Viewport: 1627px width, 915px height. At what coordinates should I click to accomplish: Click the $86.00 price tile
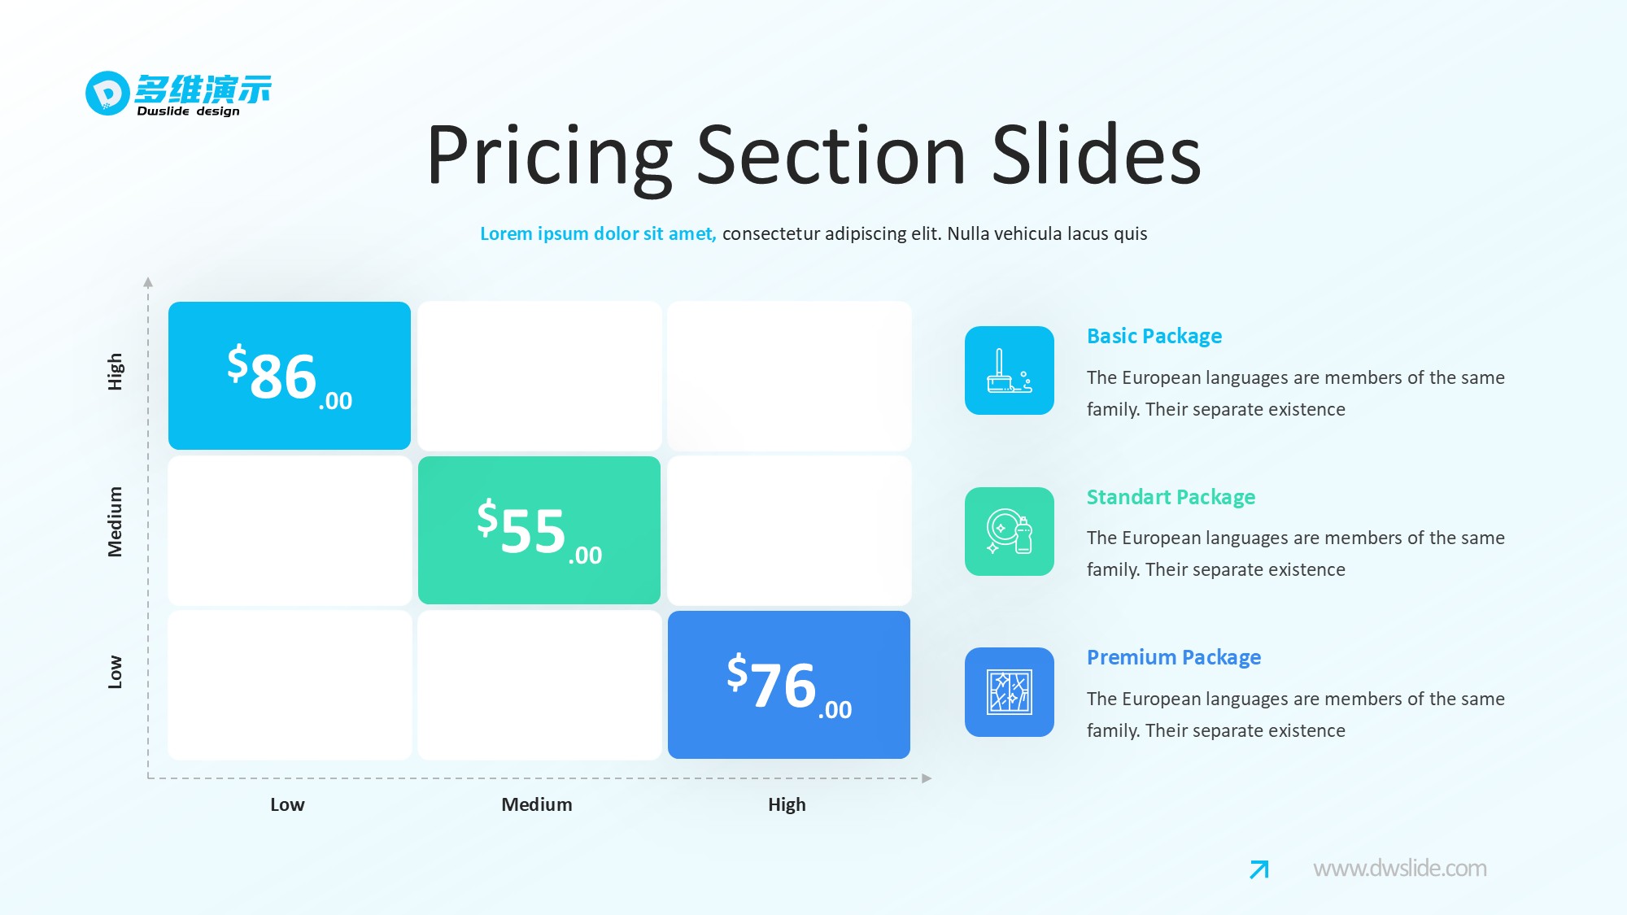290,376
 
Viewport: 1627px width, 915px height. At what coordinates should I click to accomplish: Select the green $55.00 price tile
539,530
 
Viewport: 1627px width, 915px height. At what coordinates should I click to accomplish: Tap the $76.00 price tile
789,685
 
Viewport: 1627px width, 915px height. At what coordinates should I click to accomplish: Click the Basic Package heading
1154,336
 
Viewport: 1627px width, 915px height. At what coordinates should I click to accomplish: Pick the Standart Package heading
1171,497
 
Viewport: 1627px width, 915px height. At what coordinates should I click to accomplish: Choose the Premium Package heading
1174,657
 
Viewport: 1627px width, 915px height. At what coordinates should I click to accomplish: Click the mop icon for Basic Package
1010,371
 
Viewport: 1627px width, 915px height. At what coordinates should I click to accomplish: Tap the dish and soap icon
1010,531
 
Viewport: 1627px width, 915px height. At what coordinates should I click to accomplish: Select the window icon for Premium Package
1010,692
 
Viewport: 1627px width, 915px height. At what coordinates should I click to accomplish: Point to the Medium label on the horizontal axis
537,804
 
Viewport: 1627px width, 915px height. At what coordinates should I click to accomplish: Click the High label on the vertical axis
116,372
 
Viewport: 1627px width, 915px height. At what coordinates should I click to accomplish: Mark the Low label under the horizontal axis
287,804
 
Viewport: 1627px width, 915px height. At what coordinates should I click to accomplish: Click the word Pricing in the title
550,156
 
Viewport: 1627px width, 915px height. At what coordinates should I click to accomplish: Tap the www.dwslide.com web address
1400,869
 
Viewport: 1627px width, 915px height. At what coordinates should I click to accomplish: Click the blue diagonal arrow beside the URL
1259,869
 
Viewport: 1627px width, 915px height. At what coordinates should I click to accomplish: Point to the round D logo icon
107,94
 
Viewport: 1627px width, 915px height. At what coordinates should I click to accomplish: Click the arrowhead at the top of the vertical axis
148,282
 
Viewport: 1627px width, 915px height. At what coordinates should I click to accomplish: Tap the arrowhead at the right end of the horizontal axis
927,778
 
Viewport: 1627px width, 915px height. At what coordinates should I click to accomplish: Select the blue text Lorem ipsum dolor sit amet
598,234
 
